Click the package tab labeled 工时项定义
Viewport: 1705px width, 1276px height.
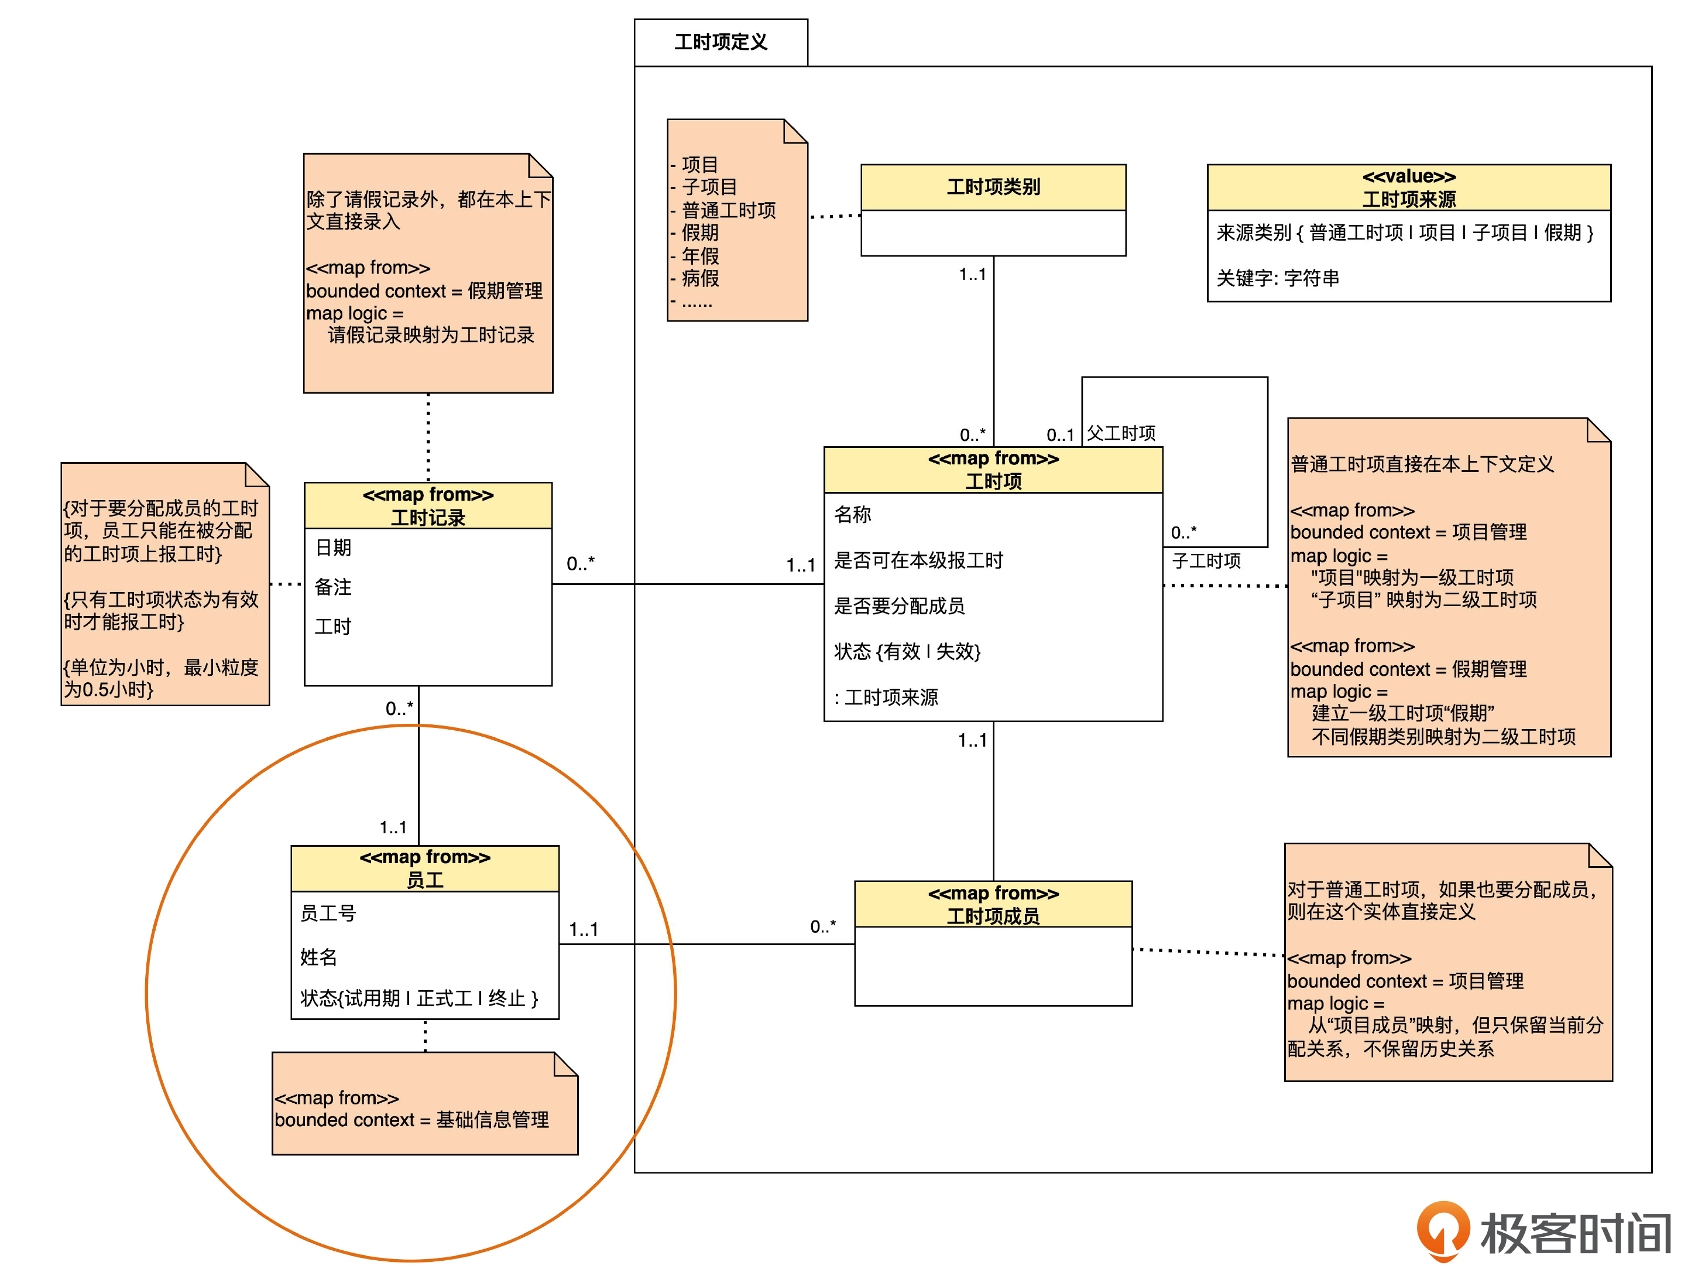click(x=720, y=42)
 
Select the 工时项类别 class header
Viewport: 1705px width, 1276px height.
click(x=993, y=187)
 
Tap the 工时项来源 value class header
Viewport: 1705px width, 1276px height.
click(x=1408, y=187)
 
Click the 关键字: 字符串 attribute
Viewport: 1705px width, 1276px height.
click(x=1277, y=278)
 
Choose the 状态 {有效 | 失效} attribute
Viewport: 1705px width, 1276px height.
click(x=907, y=652)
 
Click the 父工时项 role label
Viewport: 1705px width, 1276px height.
click(x=1121, y=433)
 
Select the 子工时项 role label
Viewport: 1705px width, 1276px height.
click(x=1206, y=560)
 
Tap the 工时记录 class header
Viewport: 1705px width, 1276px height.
click(x=428, y=506)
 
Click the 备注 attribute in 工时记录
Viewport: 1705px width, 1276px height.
click(x=333, y=587)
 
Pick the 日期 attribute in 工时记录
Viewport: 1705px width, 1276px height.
click(x=333, y=548)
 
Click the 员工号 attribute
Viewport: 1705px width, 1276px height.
click(x=328, y=913)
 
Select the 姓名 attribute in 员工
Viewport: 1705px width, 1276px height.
click(x=318, y=957)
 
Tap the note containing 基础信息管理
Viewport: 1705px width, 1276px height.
click(x=424, y=1108)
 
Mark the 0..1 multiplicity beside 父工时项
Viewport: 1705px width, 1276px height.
click(x=1060, y=435)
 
